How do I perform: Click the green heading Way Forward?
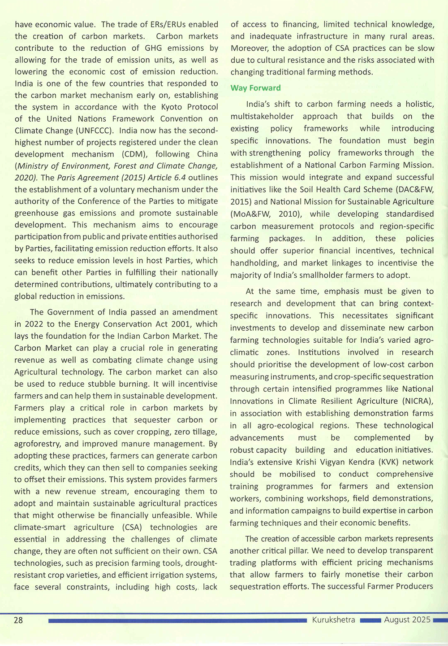pyautogui.click(x=255, y=88)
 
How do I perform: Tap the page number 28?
pyautogui.click(x=18, y=620)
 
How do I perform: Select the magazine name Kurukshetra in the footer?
pyautogui.click(x=333, y=620)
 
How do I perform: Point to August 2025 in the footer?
pyautogui.click(x=407, y=620)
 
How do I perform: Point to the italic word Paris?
pyautogui.click(x=69, y=178)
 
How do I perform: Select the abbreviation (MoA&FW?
pyautogui.click(x=250, y=214)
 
